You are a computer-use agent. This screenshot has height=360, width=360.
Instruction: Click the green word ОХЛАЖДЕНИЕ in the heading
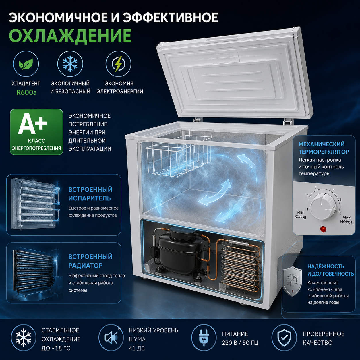point(70,36)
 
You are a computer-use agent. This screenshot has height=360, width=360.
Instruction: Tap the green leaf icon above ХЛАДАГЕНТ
point(26,64)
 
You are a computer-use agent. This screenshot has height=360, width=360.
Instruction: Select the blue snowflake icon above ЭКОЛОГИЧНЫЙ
point(70,64)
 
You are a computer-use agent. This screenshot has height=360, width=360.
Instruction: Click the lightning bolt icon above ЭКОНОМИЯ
point(118,63)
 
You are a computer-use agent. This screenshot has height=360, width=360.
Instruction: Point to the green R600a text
point(26,92)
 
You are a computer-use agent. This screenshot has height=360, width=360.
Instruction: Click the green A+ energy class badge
point(36,132)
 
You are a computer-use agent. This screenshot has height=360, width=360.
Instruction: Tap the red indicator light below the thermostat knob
point(323,229)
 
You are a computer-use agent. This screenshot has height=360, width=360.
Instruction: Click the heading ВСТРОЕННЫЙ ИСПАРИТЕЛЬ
point(90,194)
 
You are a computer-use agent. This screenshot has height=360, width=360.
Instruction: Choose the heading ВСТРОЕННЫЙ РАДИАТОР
point(90,261)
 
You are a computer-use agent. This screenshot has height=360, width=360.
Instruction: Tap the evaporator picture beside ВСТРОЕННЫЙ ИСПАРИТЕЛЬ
point(36,204)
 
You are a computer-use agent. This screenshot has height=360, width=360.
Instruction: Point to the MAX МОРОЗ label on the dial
point(346,220)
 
